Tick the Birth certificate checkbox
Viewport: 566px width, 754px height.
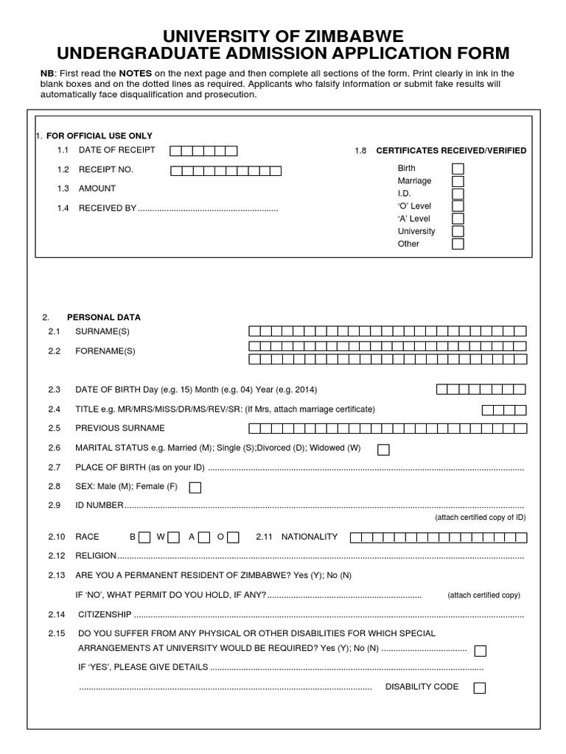tap(458, 169)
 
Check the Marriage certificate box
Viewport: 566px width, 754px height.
tap(458, 181)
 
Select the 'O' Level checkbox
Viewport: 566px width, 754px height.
tap(458, 206)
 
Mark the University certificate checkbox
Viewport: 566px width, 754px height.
tap(458, 231)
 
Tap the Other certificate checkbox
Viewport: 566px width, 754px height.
tap(458, 244)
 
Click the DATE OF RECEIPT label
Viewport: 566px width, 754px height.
tap(116, 150)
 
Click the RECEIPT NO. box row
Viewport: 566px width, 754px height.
tap(226, 171)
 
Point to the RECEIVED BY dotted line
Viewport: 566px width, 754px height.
tap(208, 209)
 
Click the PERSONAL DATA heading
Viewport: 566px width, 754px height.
tap(103, 317)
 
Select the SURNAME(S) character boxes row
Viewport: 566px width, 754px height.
tap(388, 331)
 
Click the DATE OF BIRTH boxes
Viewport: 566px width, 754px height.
tap(481, 389)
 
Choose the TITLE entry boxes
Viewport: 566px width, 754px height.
tap(504, 409)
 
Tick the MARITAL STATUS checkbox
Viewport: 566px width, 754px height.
tap(383, 449)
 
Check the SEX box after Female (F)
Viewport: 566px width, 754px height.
tap(195, 487)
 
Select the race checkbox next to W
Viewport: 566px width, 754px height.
tap(174, 537)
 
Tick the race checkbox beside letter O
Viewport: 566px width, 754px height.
tap(233, 537)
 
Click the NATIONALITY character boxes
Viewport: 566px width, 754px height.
tap(438, 537)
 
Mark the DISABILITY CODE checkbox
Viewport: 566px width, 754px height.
tap(480, 688)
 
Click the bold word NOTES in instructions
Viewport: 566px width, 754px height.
tap(135, 73)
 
